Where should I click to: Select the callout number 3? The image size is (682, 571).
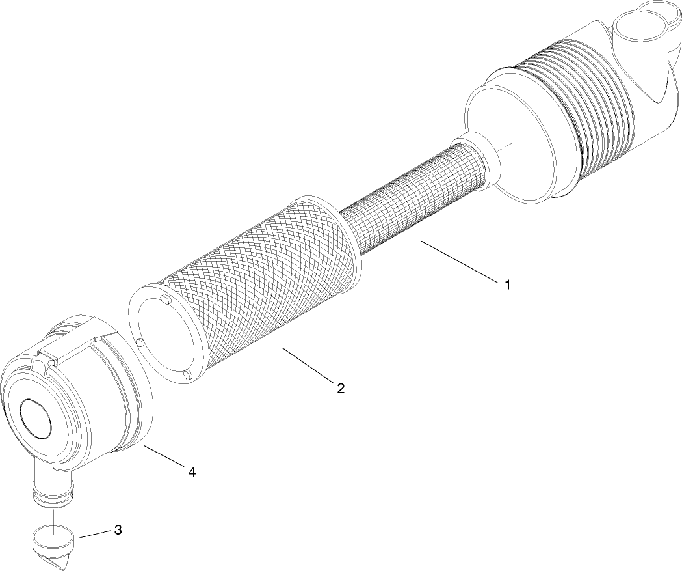point(118,529)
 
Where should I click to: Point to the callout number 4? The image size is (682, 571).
point(192,471)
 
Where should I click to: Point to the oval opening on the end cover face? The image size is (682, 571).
point(36,417)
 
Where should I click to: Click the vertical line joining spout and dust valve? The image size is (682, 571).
point(51,514)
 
